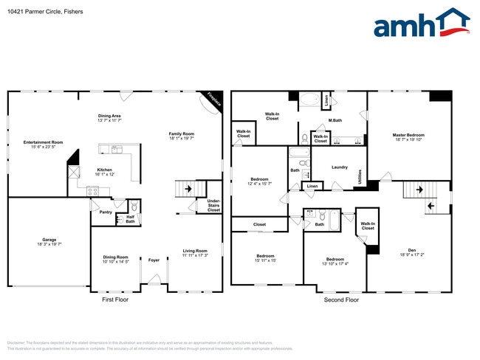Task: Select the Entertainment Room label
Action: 43,142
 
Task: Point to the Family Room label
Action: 181,134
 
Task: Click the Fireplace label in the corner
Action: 213,100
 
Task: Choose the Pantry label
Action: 106,211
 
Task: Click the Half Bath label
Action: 130,219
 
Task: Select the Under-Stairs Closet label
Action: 213,205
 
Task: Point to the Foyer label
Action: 154,260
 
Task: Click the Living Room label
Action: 196,252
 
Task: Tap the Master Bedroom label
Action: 408,135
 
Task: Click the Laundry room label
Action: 340,167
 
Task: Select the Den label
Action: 412,250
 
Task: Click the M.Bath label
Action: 335,120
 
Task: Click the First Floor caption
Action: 114,300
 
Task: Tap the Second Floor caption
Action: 341,300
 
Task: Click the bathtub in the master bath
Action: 310,100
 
